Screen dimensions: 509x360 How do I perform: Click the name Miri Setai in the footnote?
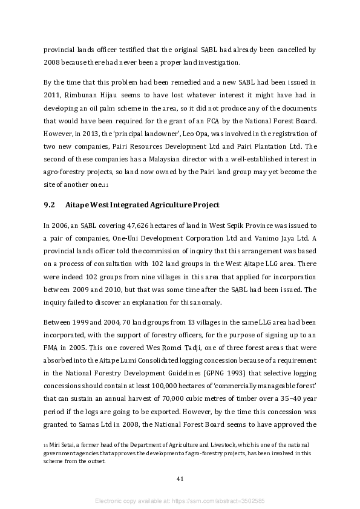pos(62,445)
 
